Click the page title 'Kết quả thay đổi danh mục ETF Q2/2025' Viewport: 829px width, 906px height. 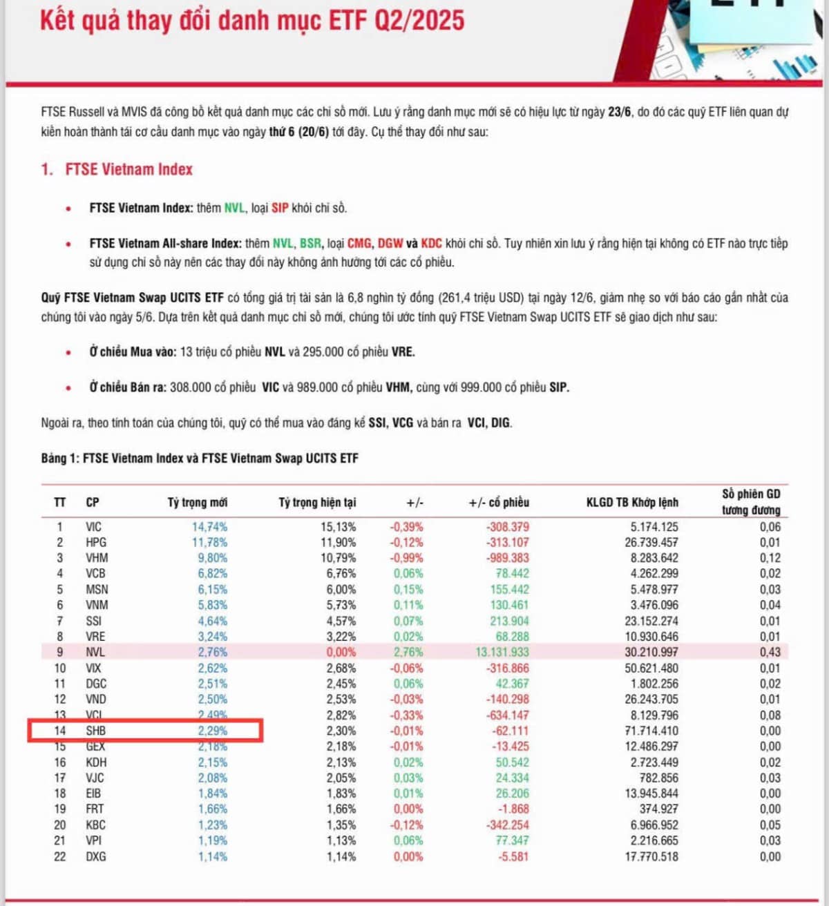(252, 21)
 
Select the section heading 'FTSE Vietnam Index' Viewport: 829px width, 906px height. (128, 169)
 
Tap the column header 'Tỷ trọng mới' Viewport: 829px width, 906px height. (197, 502)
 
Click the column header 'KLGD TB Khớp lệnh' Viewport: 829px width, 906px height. (632, 502)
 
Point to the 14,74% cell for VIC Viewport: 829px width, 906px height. (209, 527)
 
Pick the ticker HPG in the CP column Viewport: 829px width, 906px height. (96, 543)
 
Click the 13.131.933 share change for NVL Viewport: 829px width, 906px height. (502, 652)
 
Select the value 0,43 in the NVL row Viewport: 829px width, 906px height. (770, 652)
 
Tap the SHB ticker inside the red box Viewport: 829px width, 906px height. (96, 731)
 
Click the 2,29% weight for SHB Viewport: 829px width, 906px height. (212, 731)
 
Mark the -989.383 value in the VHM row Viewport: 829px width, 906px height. (507, 558)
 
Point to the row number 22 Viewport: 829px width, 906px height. (60, 856)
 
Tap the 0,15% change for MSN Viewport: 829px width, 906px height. (408, 590)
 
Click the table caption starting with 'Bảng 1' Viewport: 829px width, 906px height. (200, 458)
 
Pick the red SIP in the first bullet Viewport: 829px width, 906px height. (280, 208)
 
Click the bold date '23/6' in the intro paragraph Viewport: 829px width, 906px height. (619, 112)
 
